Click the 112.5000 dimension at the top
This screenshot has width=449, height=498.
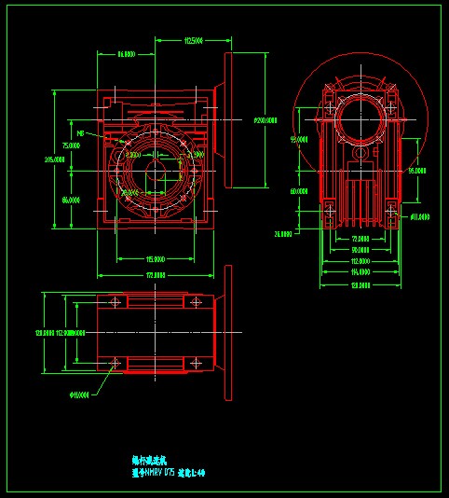point(194,41)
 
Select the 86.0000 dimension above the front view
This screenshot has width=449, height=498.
point(127,55)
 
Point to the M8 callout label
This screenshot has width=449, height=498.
point(81,133)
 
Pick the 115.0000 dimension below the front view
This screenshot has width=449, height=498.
point(156,258)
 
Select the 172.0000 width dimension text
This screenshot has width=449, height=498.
point(156,275)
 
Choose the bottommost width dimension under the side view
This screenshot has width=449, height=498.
point(359,284)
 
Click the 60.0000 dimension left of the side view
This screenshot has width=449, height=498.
point(298,190)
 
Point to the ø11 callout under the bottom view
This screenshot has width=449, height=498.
point(79,394)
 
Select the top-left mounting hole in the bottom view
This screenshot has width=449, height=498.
point(114,302)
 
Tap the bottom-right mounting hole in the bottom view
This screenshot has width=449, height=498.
point(197,362)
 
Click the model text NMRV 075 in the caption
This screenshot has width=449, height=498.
point(158,473)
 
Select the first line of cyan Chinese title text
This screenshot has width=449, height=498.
point(145,461)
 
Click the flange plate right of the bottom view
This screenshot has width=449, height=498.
point(227,333)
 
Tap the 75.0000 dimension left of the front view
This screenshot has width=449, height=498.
point(71,146)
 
